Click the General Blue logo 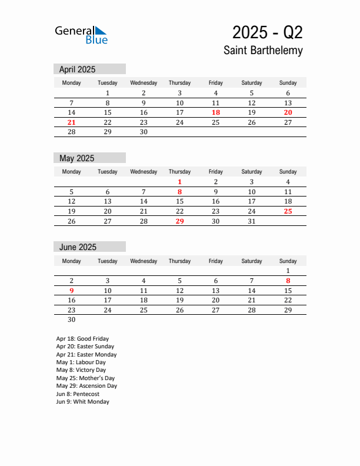tap(81, 35)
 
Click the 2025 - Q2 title tap(267, 32)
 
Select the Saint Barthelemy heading tap(263, 51)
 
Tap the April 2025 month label tap(77, 69)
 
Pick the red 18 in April tap(216, 112)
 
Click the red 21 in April tap(72, 122)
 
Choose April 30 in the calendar tap(144, 132)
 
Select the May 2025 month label tap(76, 158)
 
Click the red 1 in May tap(179, 182)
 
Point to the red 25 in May tap(288, 211)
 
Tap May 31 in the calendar tap(252, 221)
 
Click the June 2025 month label tap(78, 247)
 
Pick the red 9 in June tap(72, 291)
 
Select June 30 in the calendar tap(72, 320)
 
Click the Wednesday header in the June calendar tap(144, 261)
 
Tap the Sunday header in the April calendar tap(288, 83)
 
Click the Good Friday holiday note tap(82, 339)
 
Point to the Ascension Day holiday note tap(86, 386)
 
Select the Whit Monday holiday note tap(82, 402)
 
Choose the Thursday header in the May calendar tap(179, 172)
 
